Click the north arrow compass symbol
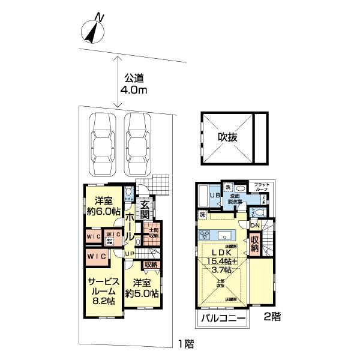coord(93,30)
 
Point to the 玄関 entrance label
coord(145,209)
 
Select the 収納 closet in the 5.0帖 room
coord(150,265)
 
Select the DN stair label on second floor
coord(254,225)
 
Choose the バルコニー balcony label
coord(221,319)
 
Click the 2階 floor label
coord(272,316)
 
